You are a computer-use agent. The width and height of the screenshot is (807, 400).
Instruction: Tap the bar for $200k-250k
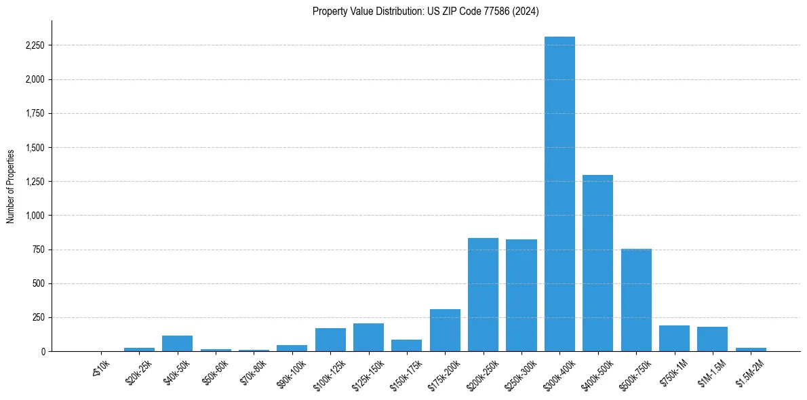tap(483, 294)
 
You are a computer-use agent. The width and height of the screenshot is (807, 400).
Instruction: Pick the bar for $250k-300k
tap(521, 295)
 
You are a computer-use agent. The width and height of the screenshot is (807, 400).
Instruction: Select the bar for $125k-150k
tap(368, 337)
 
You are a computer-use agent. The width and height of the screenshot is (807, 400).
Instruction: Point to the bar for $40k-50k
tap(177, 343)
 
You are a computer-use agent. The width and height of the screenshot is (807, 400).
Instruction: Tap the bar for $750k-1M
tap(674, 338)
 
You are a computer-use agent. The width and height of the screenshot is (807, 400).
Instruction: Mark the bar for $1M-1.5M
tap(712, 339)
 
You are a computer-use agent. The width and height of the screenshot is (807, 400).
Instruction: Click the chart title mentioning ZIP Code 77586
tap(425, 12)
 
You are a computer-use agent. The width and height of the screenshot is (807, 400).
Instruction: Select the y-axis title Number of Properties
tap(11, 186)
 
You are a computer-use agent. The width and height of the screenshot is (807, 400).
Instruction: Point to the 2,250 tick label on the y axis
tap(35, 45)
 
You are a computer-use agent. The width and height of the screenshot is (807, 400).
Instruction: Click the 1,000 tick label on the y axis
tap(35, 216)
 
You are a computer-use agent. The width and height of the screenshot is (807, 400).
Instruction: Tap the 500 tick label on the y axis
tap(38, 283)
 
